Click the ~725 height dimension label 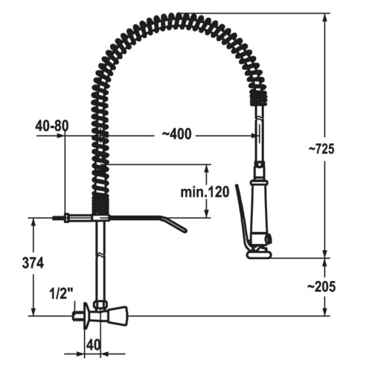[x=321, y=149]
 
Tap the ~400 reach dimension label [x=176, y=134]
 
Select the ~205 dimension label [x=321, y=286]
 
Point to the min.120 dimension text [x=205, y=192]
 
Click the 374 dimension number [x=33, y=263]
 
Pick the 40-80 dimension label [x=51, y=126]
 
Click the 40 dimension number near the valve [x=94, y=345]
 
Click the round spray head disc [x=259, y=254]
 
